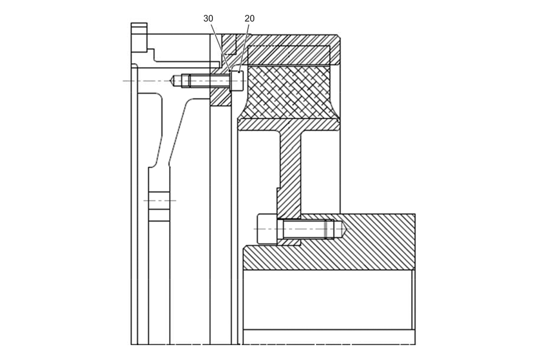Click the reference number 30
pos(208,18)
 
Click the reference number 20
pos(249,18)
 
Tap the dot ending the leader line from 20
pos(239,72)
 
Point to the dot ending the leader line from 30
pos(230,71)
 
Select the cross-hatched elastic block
pos(289,92)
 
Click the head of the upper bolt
pos(237,81)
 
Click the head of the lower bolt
pos(267,229)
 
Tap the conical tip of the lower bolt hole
pos(346,229)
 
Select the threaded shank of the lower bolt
pos(309,229)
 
